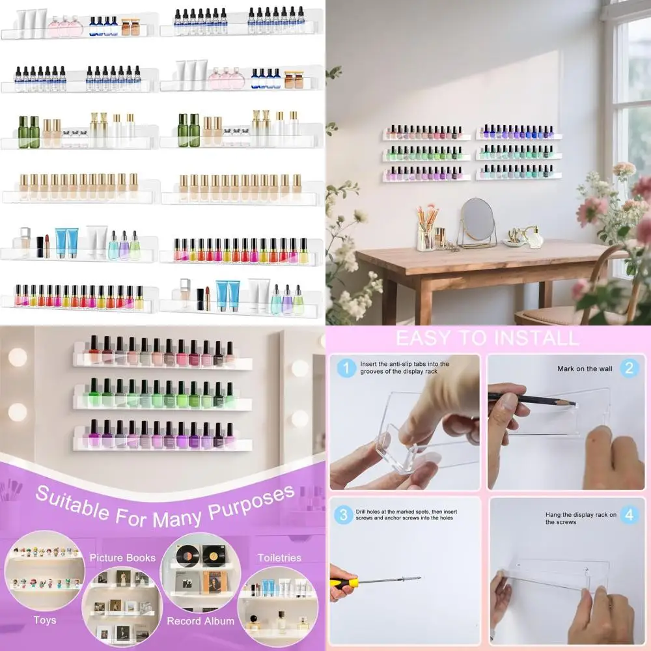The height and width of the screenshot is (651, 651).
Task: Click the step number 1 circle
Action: (346, 368)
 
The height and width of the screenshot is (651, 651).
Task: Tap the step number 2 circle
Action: (628, 368)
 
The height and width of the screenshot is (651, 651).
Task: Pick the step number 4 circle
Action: (628, 515)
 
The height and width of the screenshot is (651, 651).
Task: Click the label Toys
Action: (44, 620)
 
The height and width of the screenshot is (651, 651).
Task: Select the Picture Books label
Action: (122, 558)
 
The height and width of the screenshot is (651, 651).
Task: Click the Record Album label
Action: (201, 621)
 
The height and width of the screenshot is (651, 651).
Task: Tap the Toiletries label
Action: (279, 558)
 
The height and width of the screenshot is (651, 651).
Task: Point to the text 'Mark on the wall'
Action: (585, 369)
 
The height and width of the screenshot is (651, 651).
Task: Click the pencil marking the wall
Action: (531, 399)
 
